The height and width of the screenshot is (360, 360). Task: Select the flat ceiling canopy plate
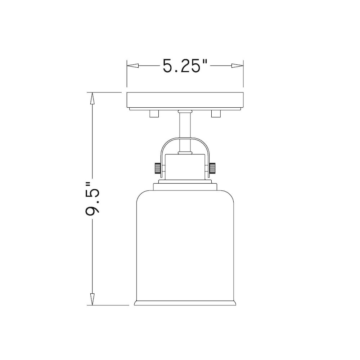click(185, 101)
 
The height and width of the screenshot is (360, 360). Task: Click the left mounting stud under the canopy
click(154, 113)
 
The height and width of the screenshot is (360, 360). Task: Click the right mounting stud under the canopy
click(216, 113)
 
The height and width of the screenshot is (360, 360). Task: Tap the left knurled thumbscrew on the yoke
click(157, 167)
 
